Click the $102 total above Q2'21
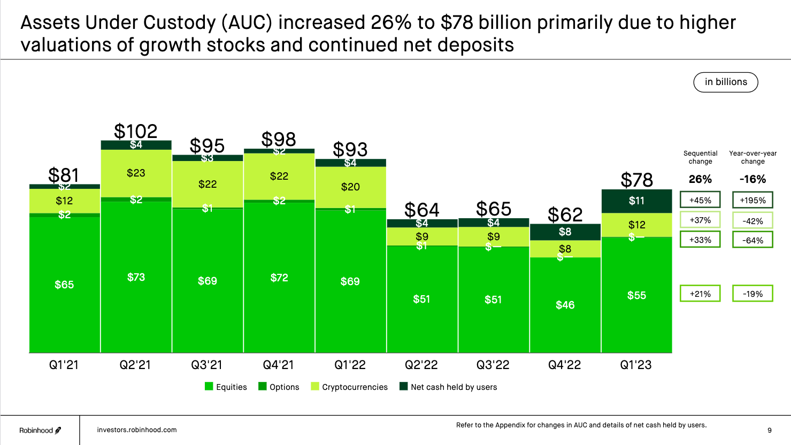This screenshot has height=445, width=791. [136, 131]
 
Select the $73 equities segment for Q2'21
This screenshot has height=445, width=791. [136, 277]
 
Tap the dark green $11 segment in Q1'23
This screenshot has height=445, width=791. [636, 201]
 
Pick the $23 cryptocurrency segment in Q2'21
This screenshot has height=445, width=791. [136, 173]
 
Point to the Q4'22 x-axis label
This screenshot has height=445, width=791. [564, 365]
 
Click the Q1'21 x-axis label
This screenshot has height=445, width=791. [64, 365]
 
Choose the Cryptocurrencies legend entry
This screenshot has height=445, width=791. [349, 387]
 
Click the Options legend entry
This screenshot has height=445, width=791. [279, 387]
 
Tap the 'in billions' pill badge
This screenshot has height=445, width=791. [726, 82]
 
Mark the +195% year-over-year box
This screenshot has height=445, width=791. [752, 201]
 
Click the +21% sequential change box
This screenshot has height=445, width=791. [700, 294]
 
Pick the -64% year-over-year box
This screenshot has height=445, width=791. [752, 240]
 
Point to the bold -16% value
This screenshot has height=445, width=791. [752, 179]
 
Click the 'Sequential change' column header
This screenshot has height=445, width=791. [700, 157]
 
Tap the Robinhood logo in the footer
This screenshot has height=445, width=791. [40, 430]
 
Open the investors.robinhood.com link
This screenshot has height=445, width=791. [137, 429]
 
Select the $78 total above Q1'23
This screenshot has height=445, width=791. [636, 180]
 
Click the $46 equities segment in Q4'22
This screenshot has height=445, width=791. [565, 305]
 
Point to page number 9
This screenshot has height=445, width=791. [769, 430]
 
